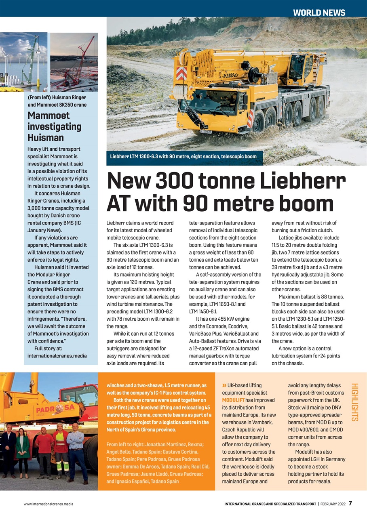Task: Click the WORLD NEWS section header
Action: click(319, 13)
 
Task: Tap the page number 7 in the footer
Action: click(350, 503)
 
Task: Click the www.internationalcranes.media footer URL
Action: click(49, 504)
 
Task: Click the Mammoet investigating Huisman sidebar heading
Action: click(54, 126)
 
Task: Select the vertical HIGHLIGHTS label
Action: click(355, 402)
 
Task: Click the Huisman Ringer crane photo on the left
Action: click(24, 62)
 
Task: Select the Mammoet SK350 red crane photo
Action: click(74, 62)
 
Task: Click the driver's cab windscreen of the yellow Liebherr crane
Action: click(204, 103)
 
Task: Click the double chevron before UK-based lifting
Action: click(224, 385)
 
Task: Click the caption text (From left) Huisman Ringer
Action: click(57, 97)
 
